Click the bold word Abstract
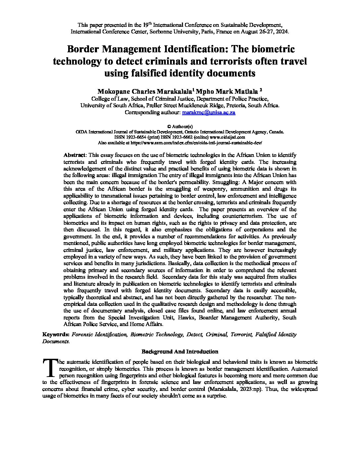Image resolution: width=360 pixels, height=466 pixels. (74, 155)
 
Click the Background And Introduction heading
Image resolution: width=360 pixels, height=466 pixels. (180, 351)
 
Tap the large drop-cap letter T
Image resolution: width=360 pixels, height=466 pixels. (50, 367)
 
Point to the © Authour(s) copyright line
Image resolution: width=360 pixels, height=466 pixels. (180, 126)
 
